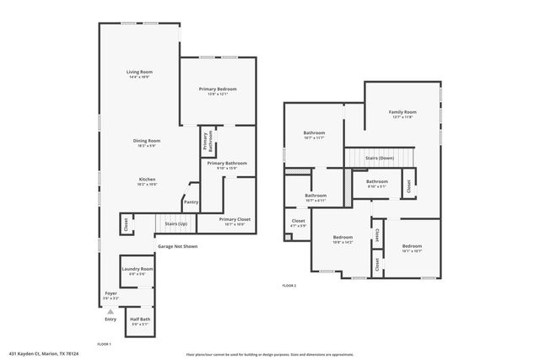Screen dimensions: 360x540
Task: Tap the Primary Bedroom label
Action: (x=218, y=89)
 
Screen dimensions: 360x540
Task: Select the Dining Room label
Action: (x=147, y=141)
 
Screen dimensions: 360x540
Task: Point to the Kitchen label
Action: (x=147, y=180)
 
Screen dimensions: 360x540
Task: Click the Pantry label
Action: (x=191, y=202)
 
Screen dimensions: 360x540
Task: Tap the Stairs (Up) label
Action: (x=175, y=224)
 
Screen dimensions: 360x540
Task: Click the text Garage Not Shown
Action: (x=177, y=246)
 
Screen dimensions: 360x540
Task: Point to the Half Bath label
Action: (x=140, y=320)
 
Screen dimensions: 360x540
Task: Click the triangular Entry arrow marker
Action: (x=110, y=311)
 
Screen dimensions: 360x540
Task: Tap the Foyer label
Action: (x=111, y=293)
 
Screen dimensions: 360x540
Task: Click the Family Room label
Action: (x=402, y=112)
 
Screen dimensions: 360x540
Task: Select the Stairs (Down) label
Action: (x=379, y=158)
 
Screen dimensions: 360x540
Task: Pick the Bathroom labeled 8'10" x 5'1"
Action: (x=376, y=181)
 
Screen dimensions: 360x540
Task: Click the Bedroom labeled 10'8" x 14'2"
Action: (x=343, y=237)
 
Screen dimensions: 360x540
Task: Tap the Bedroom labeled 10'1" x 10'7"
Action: (x=412, y=246)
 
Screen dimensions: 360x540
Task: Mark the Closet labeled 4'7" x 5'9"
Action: (x=299, y=223)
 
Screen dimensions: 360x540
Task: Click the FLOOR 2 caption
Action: (x=289, y=287)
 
